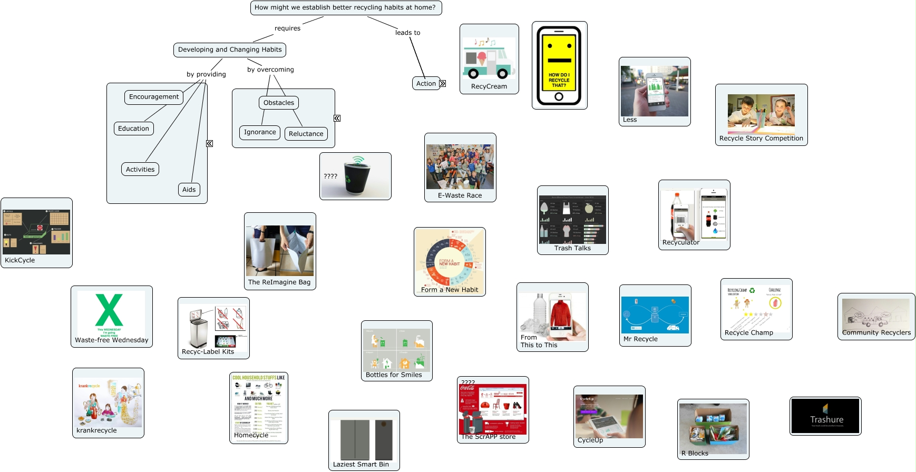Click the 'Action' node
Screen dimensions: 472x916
pos(426,83)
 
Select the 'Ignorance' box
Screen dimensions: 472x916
pos(260,132)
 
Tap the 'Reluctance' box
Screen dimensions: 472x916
pos(306,134)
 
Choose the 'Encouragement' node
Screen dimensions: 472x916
pos(154,97)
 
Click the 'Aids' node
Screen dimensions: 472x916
pos(189,190)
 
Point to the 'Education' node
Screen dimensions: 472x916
pos(133,129)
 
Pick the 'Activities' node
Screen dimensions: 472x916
pos(140,169)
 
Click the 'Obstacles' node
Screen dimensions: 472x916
pos(279,103)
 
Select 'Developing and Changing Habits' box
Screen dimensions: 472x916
pos(230,50)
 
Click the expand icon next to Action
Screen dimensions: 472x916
pos(443,83)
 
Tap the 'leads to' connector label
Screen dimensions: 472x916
pos(407,33)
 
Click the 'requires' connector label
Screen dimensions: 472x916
pos(287,28)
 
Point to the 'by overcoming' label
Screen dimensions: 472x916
pos(270,70)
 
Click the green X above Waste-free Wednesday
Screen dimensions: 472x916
pos(109,310)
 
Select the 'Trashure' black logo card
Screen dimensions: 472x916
pos(825,416)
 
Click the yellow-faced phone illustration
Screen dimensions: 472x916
pos(559,65)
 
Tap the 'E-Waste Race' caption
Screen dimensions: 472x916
pos(460,195)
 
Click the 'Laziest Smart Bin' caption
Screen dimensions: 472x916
pos(361,465)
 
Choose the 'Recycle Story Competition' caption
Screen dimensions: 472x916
pos(761,139)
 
